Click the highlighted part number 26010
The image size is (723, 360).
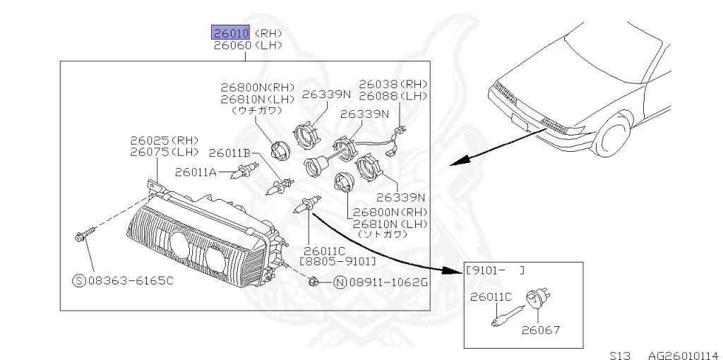tap(231, 32)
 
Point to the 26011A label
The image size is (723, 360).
tap(195, 172)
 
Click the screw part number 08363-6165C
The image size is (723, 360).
tap(130, 280)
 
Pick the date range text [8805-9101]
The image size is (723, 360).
tap(337, 261)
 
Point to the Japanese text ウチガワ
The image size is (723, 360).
tap(256, 110)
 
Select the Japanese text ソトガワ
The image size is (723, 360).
tap(382, 234)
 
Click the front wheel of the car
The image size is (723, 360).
tap(611, 138)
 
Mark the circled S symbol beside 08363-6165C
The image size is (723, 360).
tap(79, 280)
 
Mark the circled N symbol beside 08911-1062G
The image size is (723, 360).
tap(339, 284)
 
